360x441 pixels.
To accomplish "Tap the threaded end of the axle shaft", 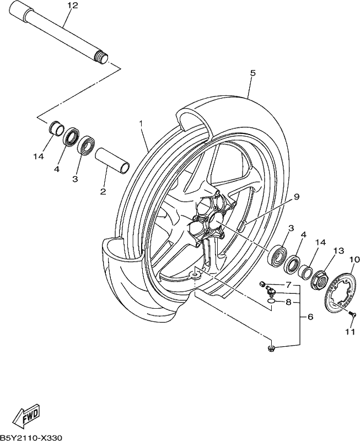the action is pos(102,57).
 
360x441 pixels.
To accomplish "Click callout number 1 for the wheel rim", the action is pos(141,123).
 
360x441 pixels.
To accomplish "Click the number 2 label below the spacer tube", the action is pos(103,191).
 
